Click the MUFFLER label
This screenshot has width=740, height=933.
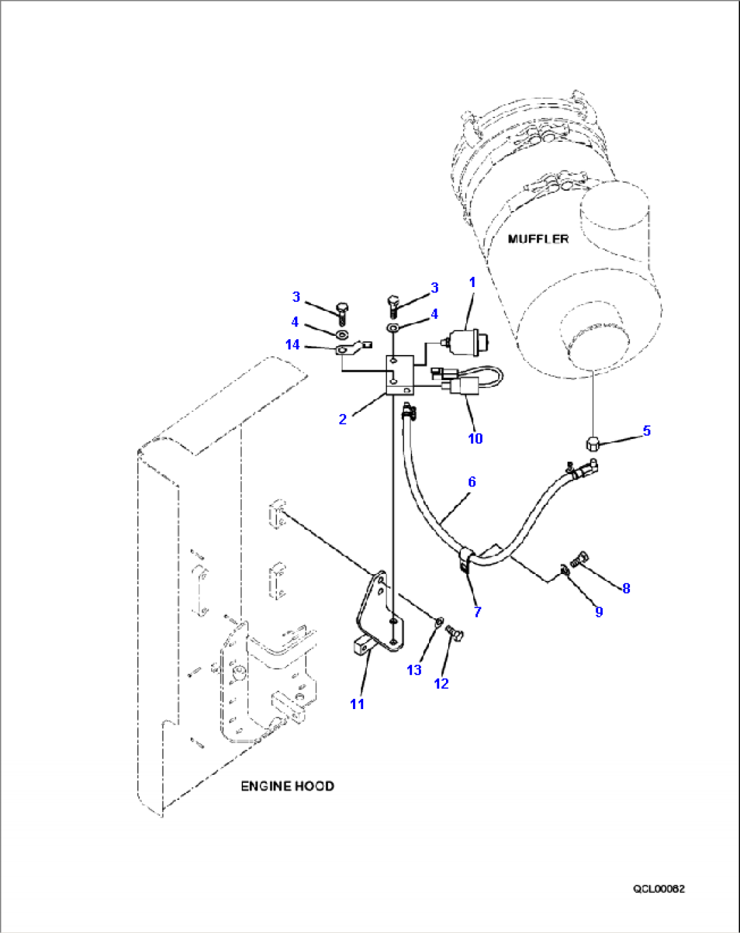point(538,239)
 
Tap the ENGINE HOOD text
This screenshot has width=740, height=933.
point(287,786)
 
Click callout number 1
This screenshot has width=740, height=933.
point(473,283)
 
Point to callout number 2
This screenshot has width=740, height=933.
point(343,419)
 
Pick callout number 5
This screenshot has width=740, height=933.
point(647,430)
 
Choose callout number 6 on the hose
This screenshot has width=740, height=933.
point(472,482)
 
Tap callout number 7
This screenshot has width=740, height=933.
point(477,612)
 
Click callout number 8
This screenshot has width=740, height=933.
point(626,588)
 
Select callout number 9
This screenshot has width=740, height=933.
point(599,612)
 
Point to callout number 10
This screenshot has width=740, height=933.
point(475,438)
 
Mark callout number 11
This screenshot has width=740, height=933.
point(357,704)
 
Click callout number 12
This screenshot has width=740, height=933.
point(441,684)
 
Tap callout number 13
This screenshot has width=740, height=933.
point(414,670)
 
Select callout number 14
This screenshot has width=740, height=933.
point(293,345)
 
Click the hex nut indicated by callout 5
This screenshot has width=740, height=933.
point(593,444)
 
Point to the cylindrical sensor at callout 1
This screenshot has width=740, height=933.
point(464,343)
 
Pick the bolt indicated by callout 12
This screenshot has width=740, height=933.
point(455,632)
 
